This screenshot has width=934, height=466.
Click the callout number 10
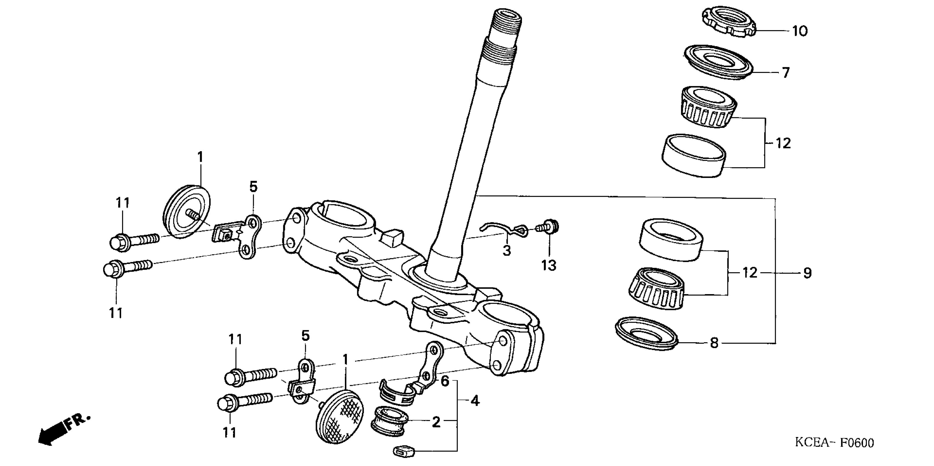click(x=799, y=31)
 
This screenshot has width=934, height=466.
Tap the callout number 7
click(x=785, y=73)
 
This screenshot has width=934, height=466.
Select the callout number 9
click(x=807, y=273)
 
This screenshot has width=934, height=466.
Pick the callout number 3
click(x=507, y=250)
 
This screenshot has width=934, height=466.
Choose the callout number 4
click(x=475, y=401)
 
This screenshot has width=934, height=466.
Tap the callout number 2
click(x=436, y=422)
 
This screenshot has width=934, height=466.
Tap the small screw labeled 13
click(x=547, y=227)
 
